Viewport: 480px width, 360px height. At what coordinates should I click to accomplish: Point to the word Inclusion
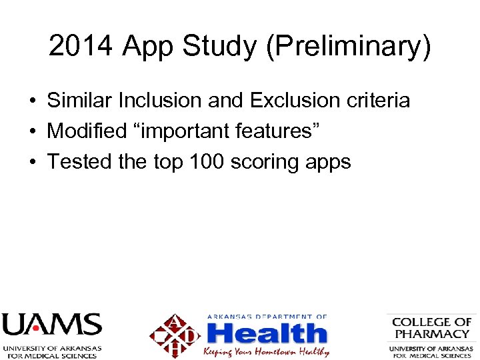[x=160, y=101]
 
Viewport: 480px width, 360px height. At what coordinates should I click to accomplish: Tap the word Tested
[x=79, y=162]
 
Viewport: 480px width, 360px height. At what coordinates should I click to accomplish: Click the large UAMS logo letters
[x=51, y=325]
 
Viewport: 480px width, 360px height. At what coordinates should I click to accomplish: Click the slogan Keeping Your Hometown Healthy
[x=266, y=351]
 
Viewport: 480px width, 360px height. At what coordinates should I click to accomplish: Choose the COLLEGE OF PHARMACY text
[x=431, y=327]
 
